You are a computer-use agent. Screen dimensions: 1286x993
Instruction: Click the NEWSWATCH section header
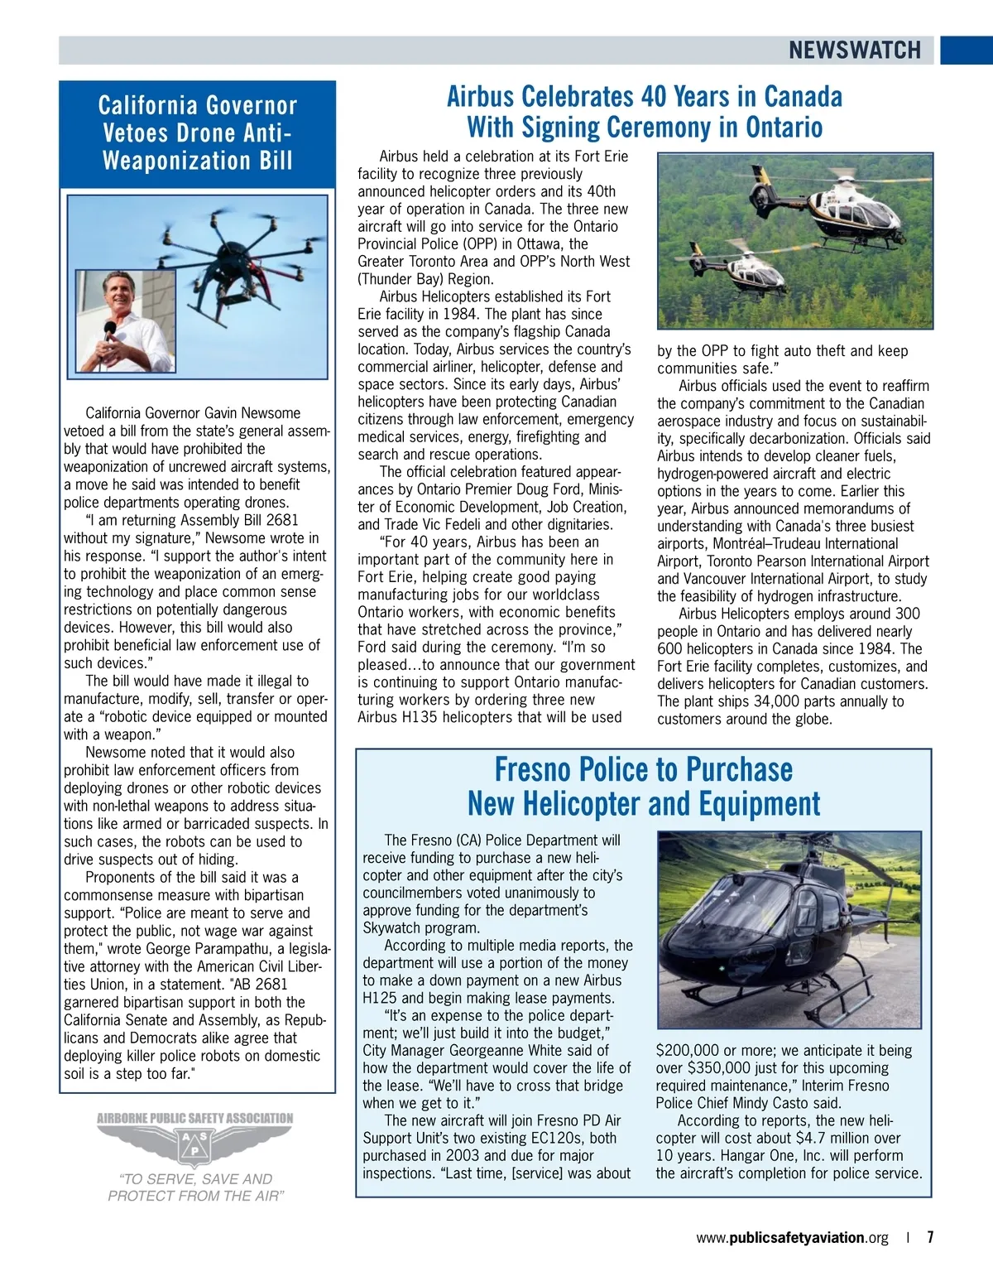pyautogui.click(x=854, y=51)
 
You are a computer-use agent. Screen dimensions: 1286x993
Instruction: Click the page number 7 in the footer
pyautogui.click(x=930, y=1238)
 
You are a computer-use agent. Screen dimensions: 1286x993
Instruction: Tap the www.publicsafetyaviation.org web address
pyautogui.click(x=792, y=1238)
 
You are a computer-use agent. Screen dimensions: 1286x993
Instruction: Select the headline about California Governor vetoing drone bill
pyautogui.click(x=197, y=132)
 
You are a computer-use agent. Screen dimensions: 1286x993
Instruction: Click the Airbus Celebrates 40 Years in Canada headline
pyautogui.click(x=644, y=112)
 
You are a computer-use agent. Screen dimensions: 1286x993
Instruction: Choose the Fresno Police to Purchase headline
pyautogui.click(x=644, y=787)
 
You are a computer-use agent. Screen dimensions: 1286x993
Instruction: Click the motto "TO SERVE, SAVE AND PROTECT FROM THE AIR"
pyautogui.click(x=197, y=1187)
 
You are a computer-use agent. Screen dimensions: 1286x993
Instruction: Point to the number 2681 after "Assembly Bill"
pyautogui.click(x=282, y=520)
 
